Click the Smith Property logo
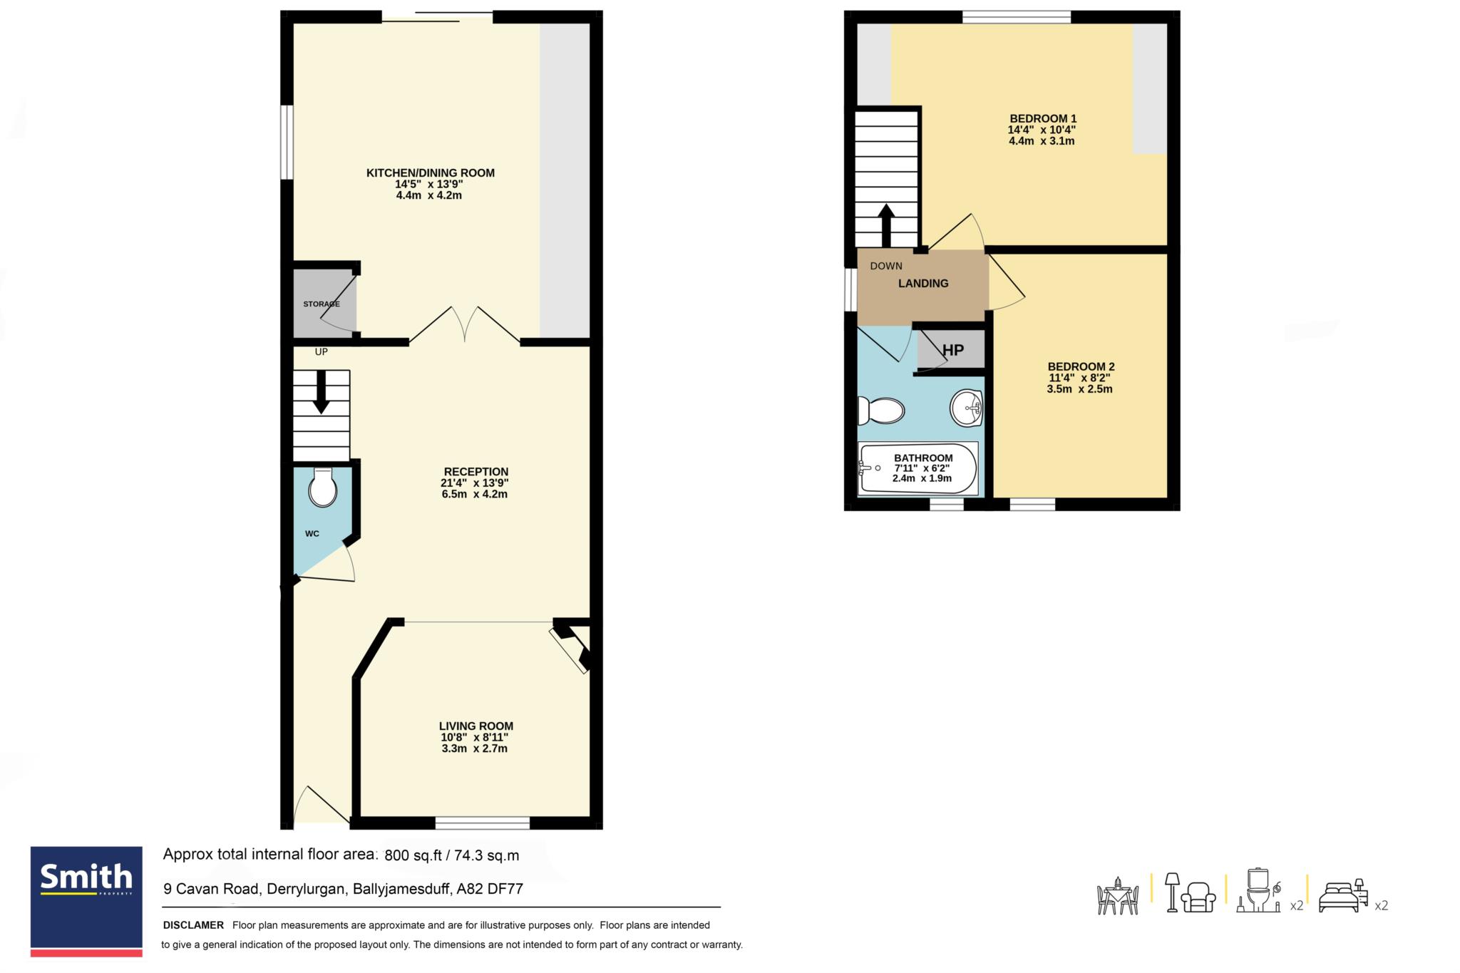point(86,901)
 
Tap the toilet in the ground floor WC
point(322,488)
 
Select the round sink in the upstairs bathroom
point(967,408)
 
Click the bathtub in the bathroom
point(919,468)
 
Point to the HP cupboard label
point(953,350)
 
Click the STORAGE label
point(322,304)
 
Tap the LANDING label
point(923,283)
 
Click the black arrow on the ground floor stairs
point(322,391)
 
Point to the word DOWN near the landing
point(886,266)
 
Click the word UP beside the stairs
point(322,351)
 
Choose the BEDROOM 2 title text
point(1081,366)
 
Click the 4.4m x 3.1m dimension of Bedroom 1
point(1042,141)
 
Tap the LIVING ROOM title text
point(476,726)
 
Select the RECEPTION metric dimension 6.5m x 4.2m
point(475,494)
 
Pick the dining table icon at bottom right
point(1118,895)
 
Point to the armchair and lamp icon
point(1190,892)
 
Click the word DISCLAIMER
point(193,925)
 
